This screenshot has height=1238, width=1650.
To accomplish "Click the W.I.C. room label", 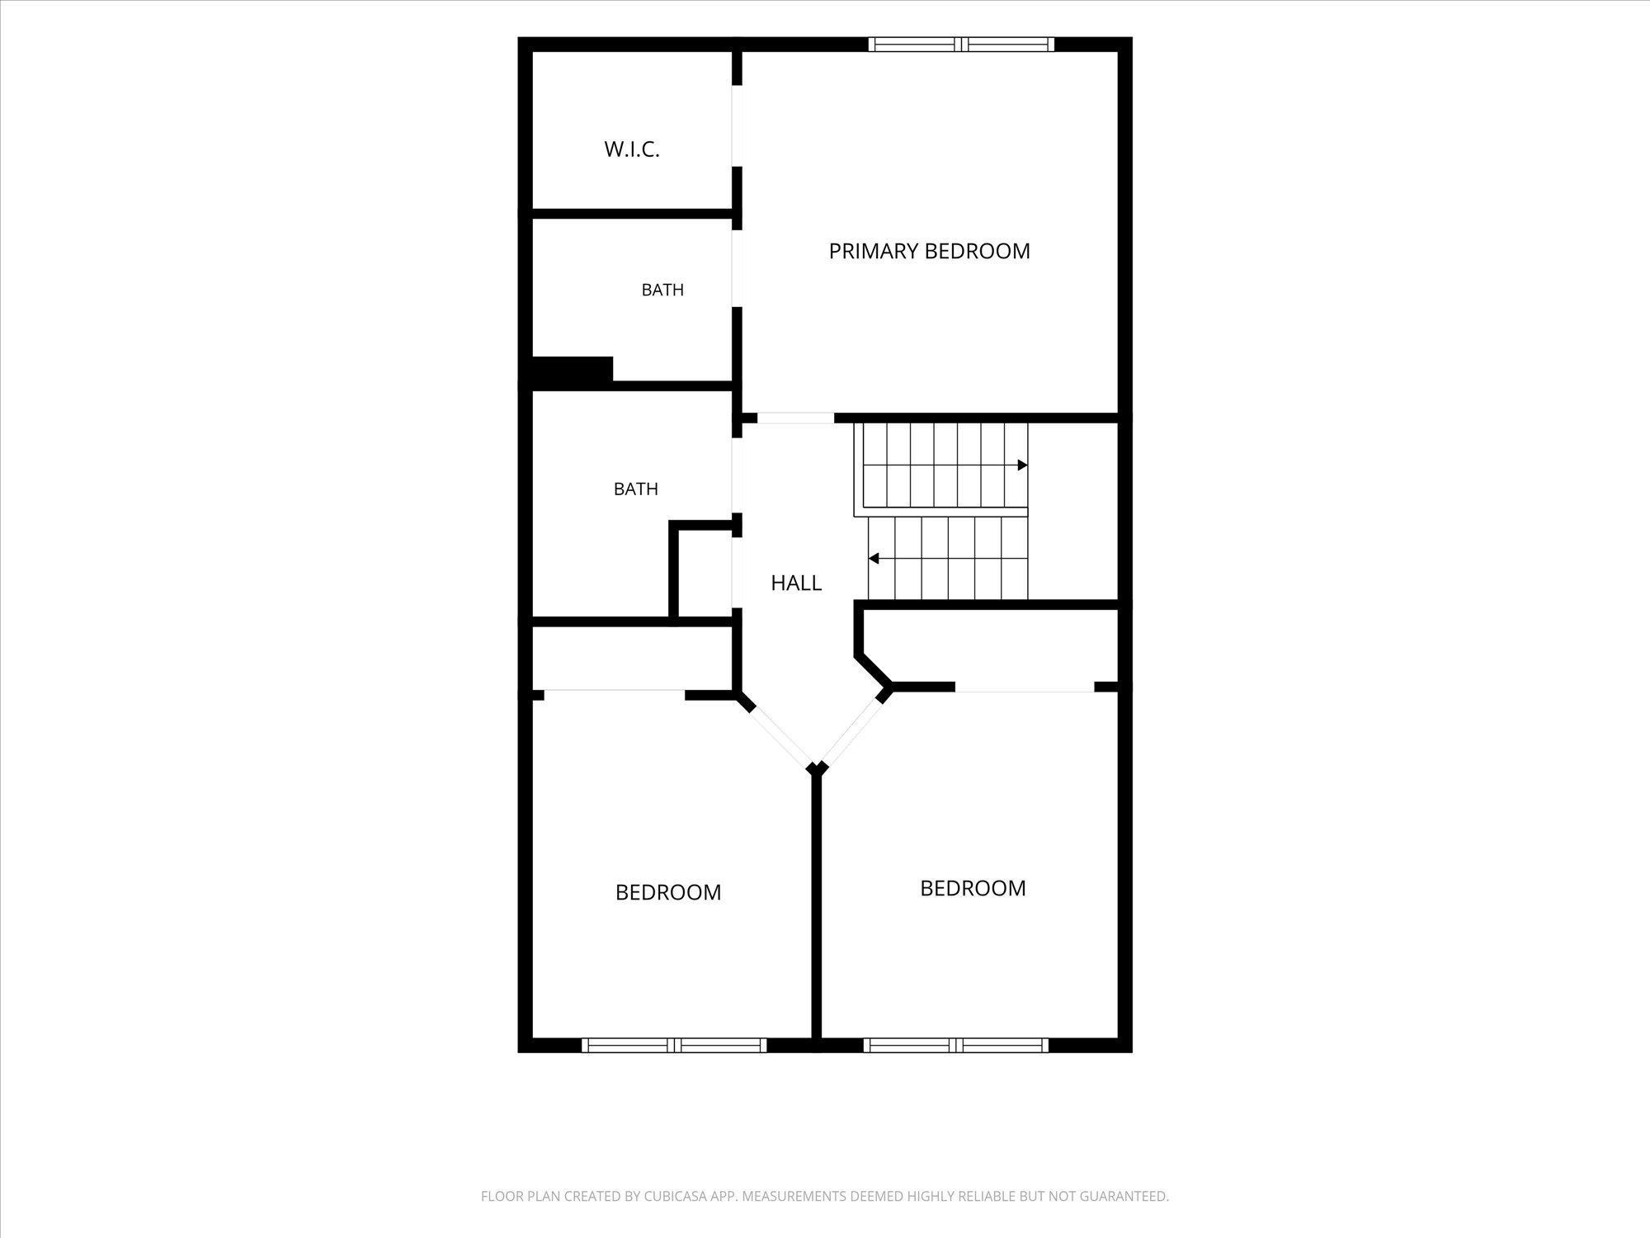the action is point(632,149).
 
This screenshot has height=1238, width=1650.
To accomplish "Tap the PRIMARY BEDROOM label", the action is point(930,251).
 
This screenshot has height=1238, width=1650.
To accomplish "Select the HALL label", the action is point(796,583).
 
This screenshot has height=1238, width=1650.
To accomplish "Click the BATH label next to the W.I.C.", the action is point(662,290).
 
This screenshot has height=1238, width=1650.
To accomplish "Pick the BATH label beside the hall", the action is point(636,489).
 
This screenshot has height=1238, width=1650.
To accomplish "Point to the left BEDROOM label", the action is point(668,892).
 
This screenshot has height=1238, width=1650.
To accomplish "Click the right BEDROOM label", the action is point(973,888).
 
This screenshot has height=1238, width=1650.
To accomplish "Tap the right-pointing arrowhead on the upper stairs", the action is point(1022,465).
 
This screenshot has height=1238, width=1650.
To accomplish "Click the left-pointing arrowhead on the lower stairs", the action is point(874,559).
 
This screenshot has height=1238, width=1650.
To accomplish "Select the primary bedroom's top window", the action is point(962,45).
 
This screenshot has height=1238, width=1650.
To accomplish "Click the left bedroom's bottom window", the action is point(674,1045).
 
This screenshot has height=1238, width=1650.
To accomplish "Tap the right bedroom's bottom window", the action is point(956,1045).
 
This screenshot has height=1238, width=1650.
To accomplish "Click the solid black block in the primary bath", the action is point(572,371).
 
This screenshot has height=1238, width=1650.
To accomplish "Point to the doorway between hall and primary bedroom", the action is point(795,418).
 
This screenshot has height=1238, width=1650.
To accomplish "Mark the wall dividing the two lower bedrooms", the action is point(817,908).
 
